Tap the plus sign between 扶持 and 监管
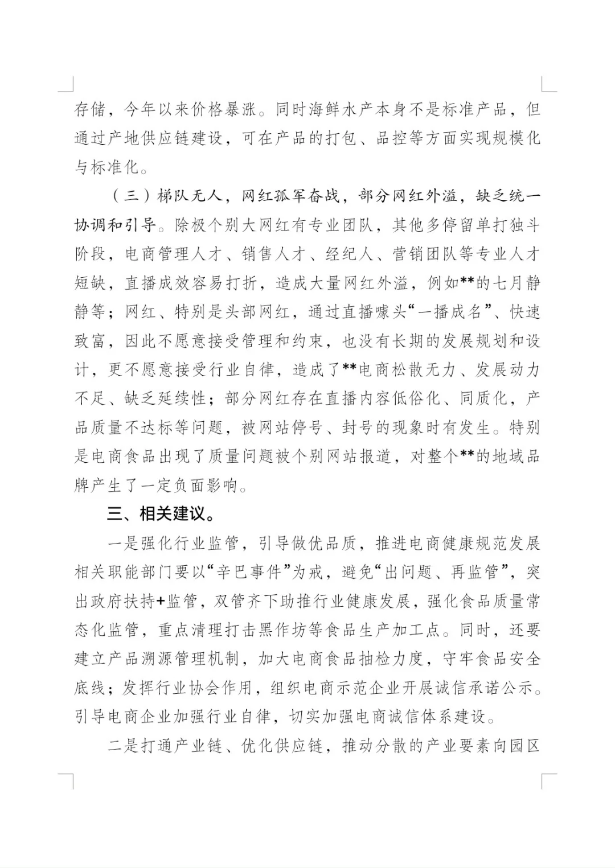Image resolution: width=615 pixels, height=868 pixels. pyautogui.click(x=158, y=601)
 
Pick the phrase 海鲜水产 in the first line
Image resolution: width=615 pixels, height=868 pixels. pyautogui.click(x=341, y=109)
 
